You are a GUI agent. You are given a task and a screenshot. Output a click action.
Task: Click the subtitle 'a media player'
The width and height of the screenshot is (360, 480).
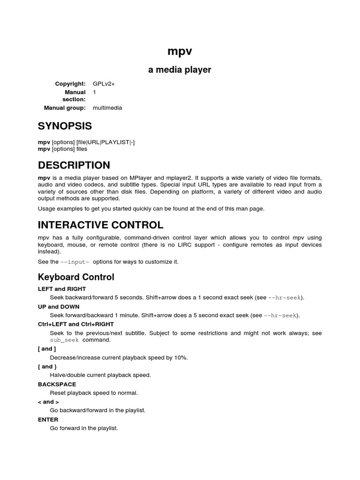[x=180, y=70]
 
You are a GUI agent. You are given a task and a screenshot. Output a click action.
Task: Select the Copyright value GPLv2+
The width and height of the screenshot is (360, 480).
[x=104, y=84]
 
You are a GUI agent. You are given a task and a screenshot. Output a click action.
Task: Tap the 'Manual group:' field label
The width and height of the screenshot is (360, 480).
[x=65, y=108]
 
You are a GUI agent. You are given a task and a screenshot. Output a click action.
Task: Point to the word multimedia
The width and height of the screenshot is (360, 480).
[x=107, y=108]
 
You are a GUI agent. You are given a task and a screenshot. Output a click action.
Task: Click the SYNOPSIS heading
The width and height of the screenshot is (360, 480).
[x=65, y=126]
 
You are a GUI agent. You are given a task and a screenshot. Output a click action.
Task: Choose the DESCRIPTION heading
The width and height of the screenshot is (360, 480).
[x=74, y=165]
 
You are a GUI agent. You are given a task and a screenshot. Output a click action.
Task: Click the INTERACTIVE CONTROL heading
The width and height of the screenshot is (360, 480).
[x=101, y=225]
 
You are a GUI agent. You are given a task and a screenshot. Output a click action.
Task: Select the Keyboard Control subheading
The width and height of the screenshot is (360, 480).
[x=76, y=277]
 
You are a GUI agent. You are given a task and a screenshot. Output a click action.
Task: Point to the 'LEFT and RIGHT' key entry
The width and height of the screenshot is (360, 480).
[x=62, y=289]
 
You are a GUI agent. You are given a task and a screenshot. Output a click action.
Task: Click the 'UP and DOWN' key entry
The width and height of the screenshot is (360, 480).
[x=59, y=307]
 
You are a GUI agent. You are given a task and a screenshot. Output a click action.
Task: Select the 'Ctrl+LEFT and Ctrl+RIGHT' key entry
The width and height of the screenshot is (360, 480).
[x=76, y=324]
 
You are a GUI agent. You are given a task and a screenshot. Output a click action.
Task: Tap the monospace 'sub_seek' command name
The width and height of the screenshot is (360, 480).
[x=65, y=340]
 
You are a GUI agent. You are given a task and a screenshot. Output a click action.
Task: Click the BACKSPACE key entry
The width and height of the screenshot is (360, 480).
[x=57, y=384]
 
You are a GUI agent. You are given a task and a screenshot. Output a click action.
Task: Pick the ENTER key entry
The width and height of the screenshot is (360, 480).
[x=48, y=420]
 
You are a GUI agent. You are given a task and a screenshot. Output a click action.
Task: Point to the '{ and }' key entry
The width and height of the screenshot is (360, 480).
[x=47, y=367]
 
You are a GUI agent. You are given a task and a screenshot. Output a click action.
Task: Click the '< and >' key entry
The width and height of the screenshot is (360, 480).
[x=48, y=402]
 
